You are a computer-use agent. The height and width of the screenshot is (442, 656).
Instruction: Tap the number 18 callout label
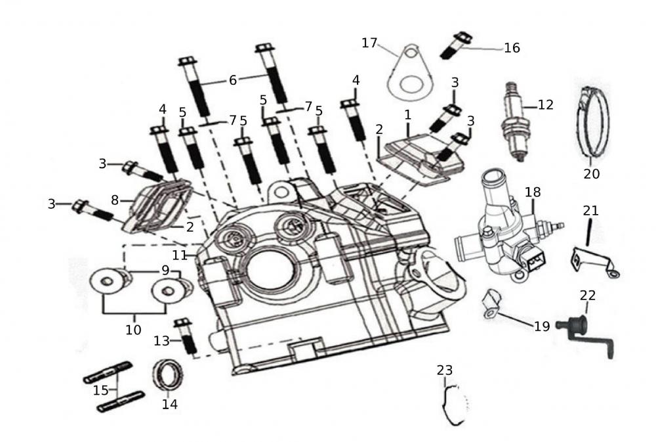coord(533,191)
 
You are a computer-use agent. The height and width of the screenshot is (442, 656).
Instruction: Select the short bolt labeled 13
coord(186,338)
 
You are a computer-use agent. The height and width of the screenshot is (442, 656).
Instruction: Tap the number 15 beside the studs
coord(100,390)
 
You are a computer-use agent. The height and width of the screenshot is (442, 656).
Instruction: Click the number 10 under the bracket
coord(133,329)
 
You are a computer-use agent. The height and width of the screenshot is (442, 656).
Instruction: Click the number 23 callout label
coord(445,370)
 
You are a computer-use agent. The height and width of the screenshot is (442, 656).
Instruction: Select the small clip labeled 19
coord(493,303)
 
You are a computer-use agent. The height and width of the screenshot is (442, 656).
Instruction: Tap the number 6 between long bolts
coord(233,81)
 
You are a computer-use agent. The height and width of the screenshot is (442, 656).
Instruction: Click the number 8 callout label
coord(114,200)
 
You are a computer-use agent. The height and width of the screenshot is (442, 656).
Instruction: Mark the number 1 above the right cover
coord(407,114)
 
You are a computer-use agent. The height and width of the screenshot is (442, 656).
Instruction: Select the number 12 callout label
coord(545,104)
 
